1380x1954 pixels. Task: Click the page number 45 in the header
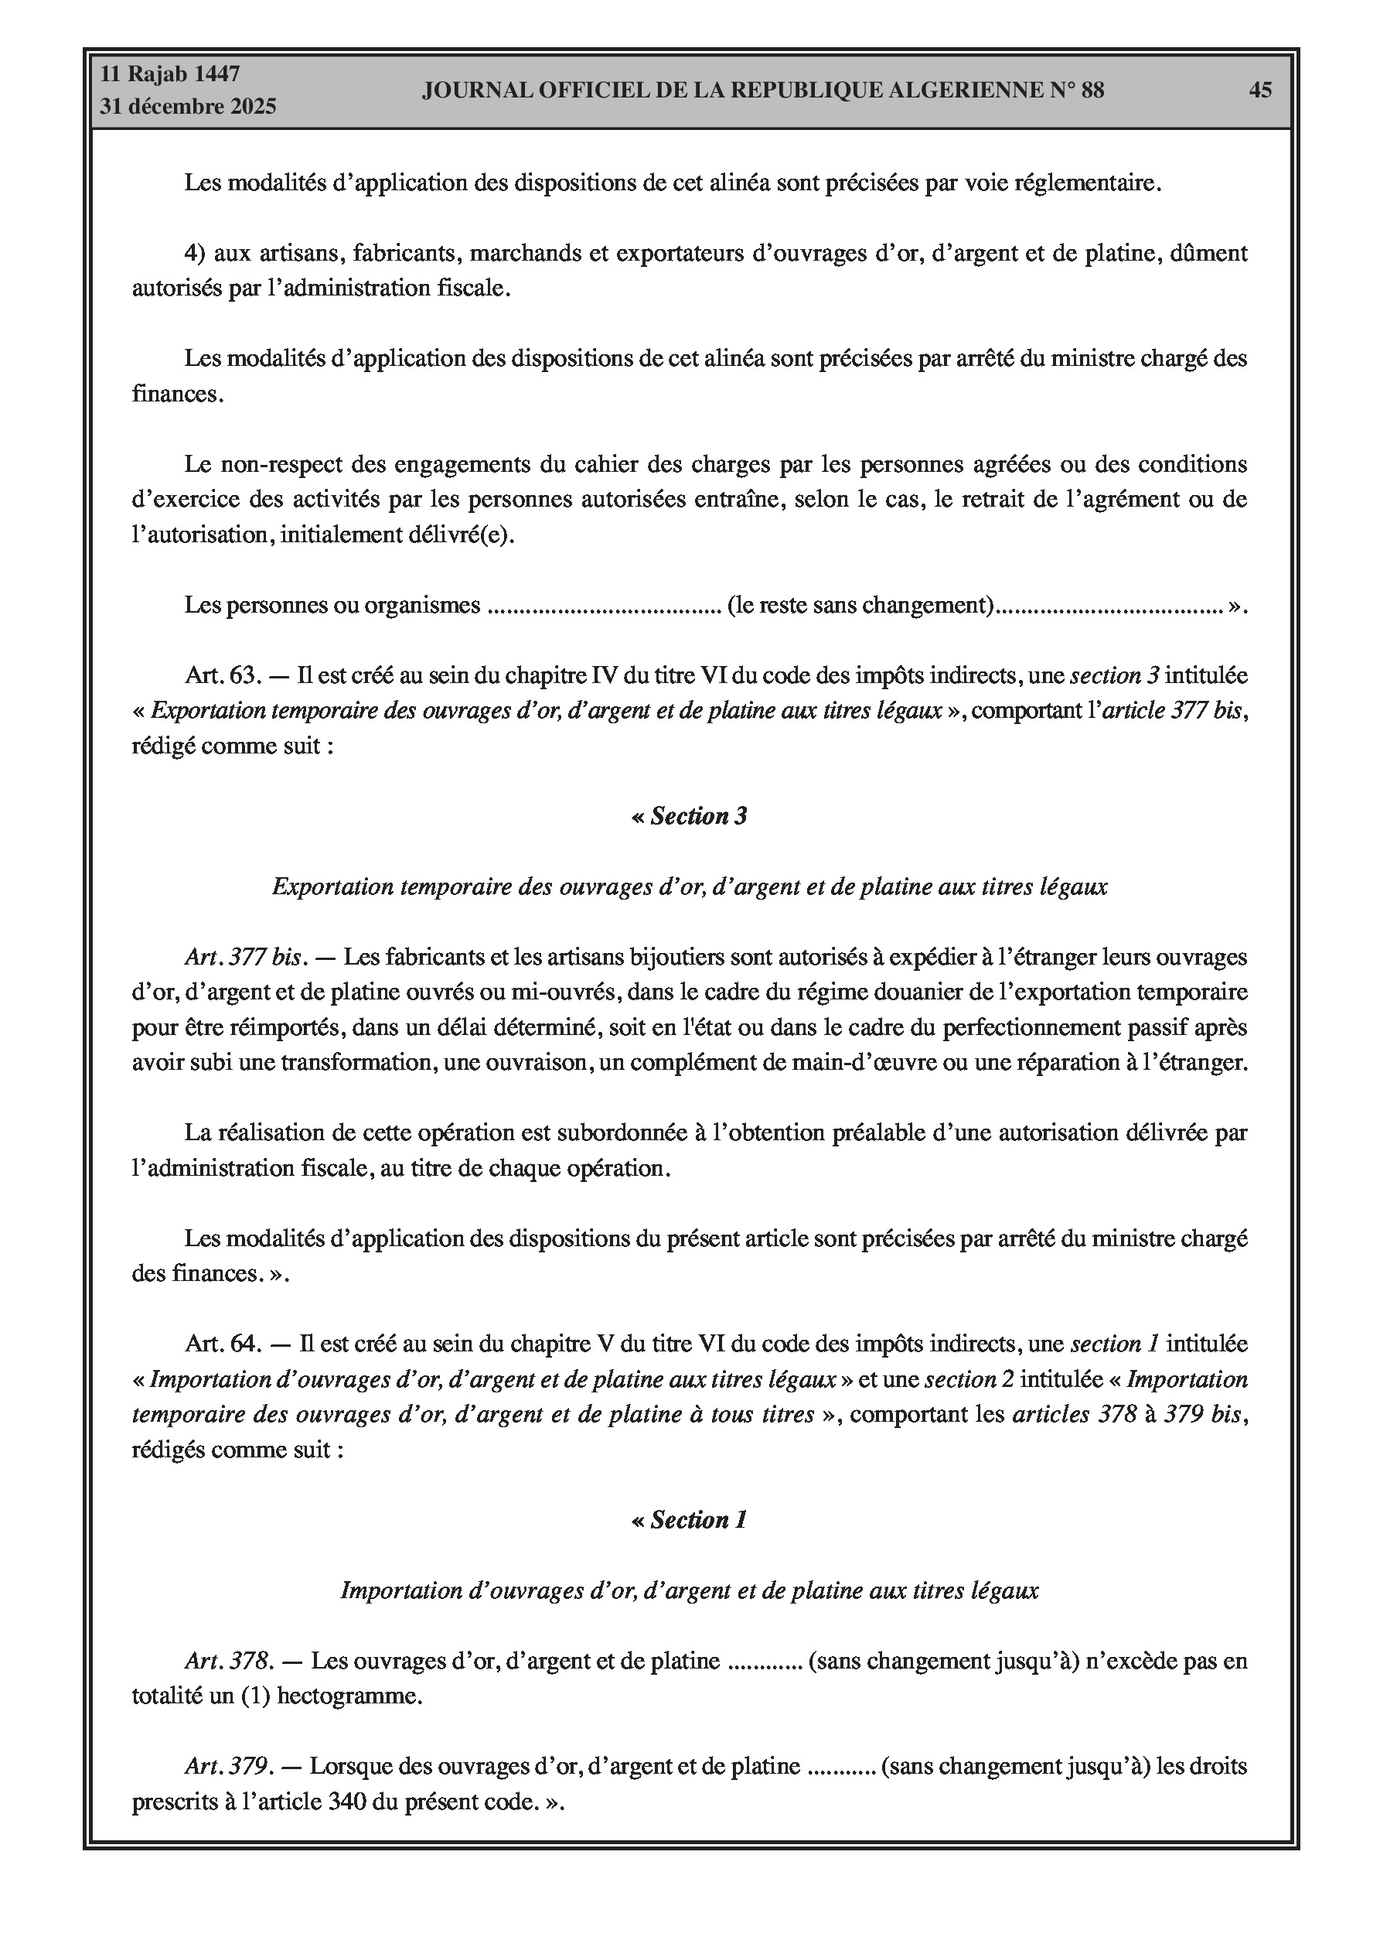click(x=1260, y=91)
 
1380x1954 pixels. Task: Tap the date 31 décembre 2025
click(x=188, y=107)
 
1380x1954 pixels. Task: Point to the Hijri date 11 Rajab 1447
click(x=170, y=74)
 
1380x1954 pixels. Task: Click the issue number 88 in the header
click(x=1092, y=91)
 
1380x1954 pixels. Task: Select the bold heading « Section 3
click(x=689, y=816)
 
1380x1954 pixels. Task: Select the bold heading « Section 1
click(x=689, y=1520)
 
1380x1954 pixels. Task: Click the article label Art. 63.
click(x=221, y=676)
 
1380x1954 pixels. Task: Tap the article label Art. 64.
click(x=221, y=1344)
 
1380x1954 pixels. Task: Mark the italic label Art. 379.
click(x=228, y=1766)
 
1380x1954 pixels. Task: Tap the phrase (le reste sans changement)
click(x=861, y=605)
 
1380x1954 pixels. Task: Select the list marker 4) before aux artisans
click(x=196, y=253)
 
